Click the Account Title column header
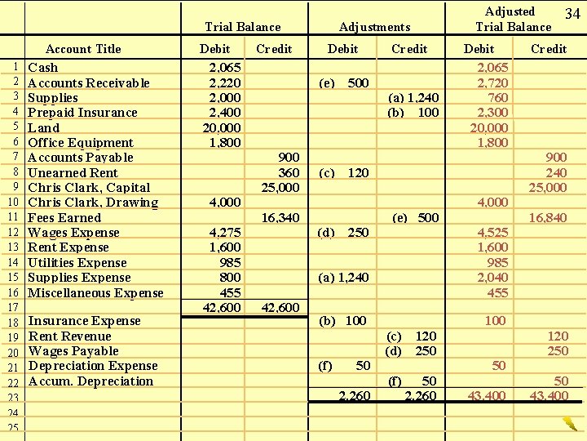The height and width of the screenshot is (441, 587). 83,49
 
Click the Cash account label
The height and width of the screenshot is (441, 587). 43,68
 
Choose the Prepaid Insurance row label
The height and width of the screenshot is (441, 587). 82,113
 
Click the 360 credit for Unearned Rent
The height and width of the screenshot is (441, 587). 289,172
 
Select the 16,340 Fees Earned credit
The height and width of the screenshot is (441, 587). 280,218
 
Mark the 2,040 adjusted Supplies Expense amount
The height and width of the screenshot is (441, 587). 492,278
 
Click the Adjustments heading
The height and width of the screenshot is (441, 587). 374,27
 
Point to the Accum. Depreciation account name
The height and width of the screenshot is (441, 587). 90,381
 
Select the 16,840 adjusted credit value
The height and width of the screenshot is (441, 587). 548,218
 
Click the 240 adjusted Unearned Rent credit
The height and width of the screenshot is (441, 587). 556,172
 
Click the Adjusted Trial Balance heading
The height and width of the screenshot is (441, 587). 513,19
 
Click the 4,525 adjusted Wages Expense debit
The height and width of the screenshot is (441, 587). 492,233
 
